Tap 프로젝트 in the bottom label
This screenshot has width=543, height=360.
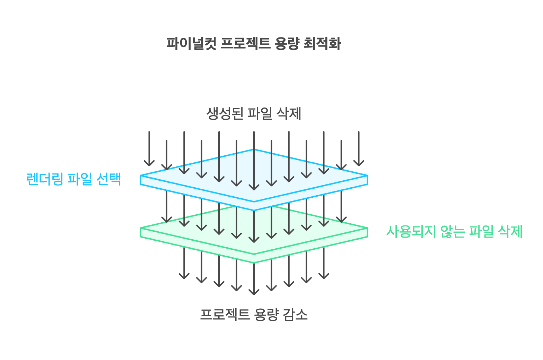pos(225,315)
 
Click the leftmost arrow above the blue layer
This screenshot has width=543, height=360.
pos(149,149)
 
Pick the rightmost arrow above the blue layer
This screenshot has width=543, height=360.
pos(359,149)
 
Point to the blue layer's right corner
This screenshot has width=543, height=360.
pos(367,176)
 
